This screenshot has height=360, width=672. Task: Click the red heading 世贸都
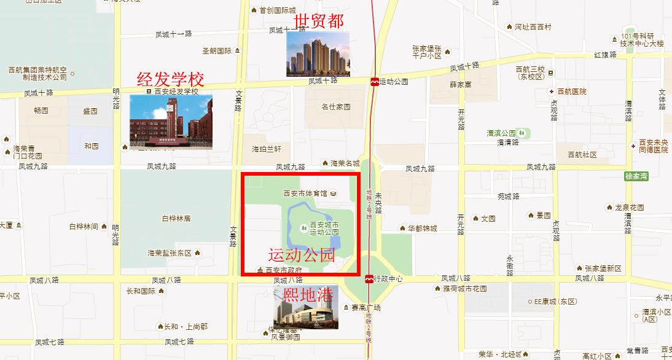[319, 22]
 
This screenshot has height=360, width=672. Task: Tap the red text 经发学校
[170, 79]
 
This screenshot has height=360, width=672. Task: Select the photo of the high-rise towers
[318, 54]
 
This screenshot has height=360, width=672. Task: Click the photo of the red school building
[171, 122]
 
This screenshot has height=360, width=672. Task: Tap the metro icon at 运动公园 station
[374, 82]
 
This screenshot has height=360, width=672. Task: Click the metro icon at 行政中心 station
[369, 279]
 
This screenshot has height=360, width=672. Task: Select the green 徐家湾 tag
[636, 176]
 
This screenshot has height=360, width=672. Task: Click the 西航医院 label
[571, 92]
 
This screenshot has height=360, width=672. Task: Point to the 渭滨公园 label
[501, 133]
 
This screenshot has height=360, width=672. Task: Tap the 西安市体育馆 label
[305, 194]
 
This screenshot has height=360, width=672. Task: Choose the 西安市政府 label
[283, 270]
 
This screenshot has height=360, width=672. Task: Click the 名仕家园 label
[335, 107]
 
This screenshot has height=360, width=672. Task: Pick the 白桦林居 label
[176, 218]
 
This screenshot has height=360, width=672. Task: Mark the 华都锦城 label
[422, 229]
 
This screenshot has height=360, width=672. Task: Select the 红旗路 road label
[604, 55]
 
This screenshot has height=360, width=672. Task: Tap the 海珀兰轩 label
[266, 149]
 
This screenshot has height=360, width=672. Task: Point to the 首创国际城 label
[277, 10]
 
